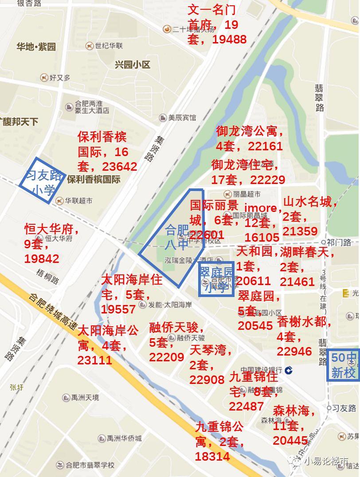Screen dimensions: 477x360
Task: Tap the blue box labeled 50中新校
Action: click(x=344, y=365)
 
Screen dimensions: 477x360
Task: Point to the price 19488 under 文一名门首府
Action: click(x=229, y=39)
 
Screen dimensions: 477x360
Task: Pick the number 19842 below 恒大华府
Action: click(x=42, y=259)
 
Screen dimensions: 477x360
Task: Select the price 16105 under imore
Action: click(x=262, y=237)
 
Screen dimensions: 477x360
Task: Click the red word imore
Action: click(x=261, y=208)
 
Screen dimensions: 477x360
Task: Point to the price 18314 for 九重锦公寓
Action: click(x=212, y=457)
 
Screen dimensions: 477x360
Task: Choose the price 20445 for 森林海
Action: click(x=290, y=440)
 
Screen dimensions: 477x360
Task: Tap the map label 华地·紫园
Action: click(x=36, y=47)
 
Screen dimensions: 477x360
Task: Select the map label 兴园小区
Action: click(x=132, y=65)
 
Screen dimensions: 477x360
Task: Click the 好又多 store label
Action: click(x=59, y=78)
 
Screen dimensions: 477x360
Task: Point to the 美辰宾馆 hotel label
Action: click(x=181, y=118)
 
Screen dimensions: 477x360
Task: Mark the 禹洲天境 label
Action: click(x=86, y=398)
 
